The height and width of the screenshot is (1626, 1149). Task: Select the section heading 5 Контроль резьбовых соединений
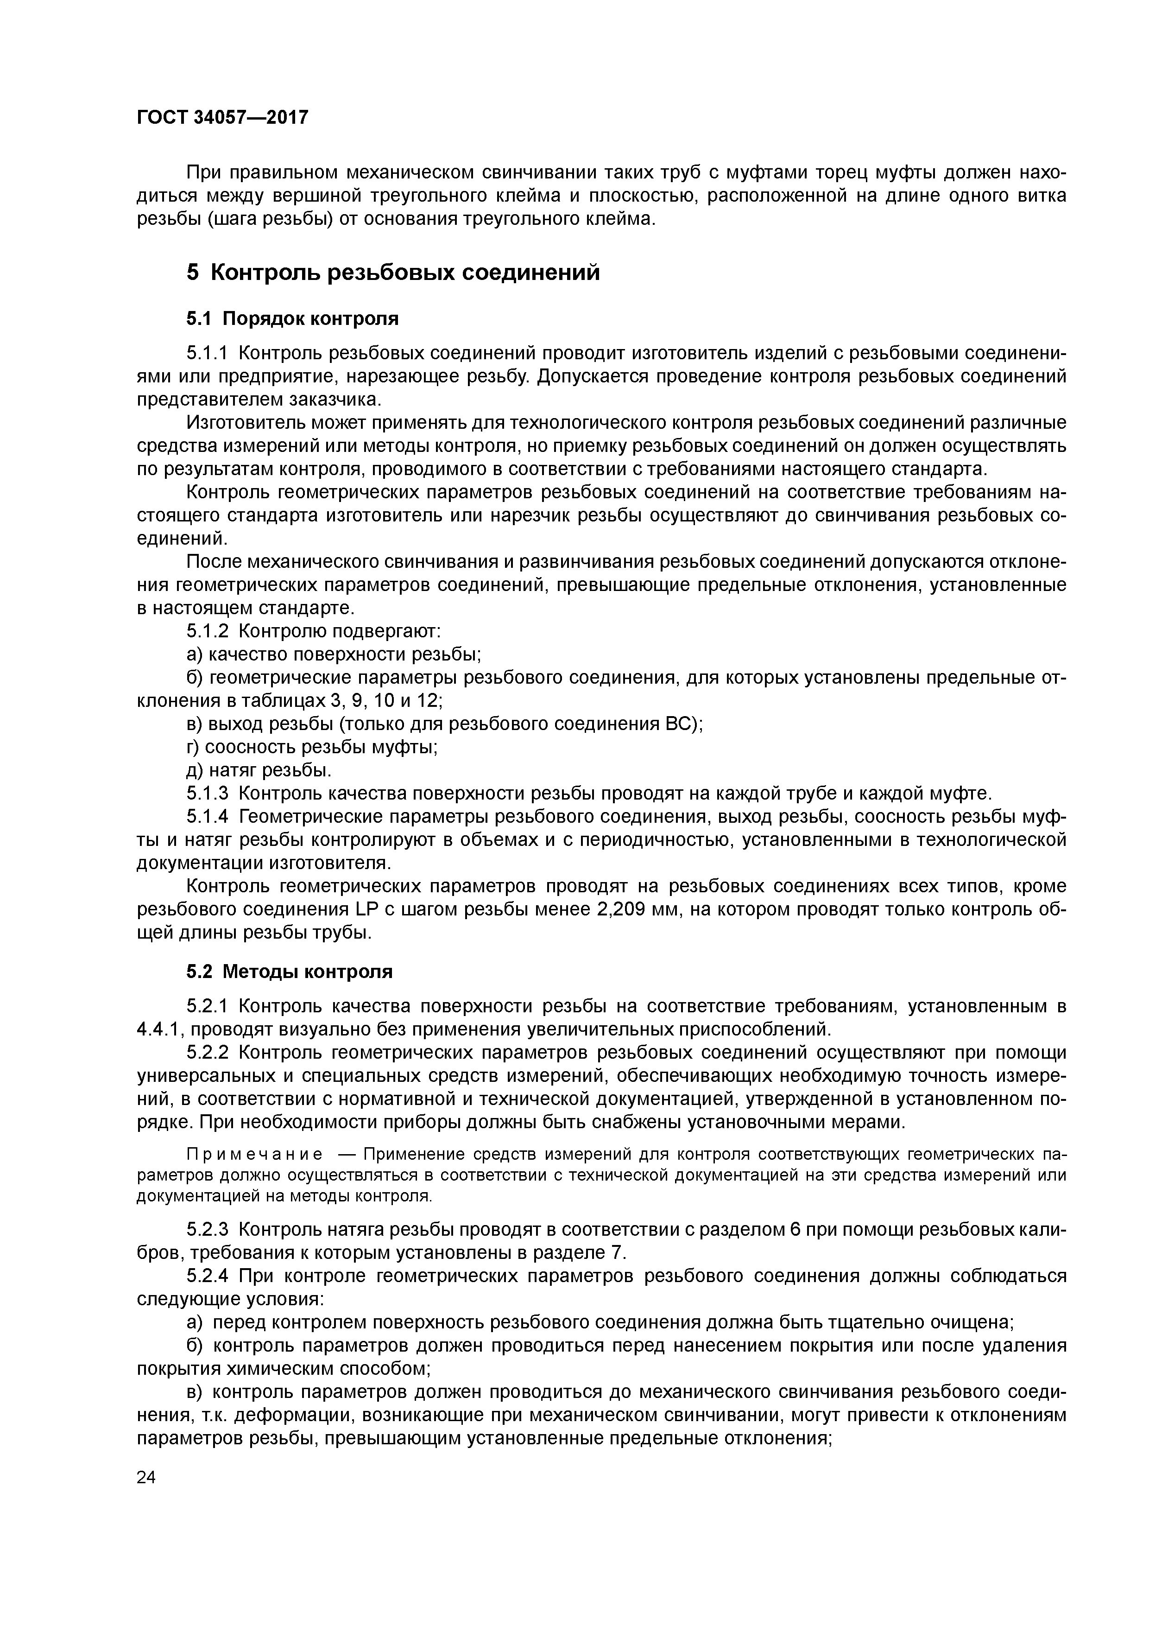pyautogui.click(x=393, y=273)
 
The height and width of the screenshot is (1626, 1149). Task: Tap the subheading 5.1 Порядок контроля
pyautogui.click(x=292, y=319)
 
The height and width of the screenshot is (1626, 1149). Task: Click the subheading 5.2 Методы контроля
pyautogui.click(x=289, y=972)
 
